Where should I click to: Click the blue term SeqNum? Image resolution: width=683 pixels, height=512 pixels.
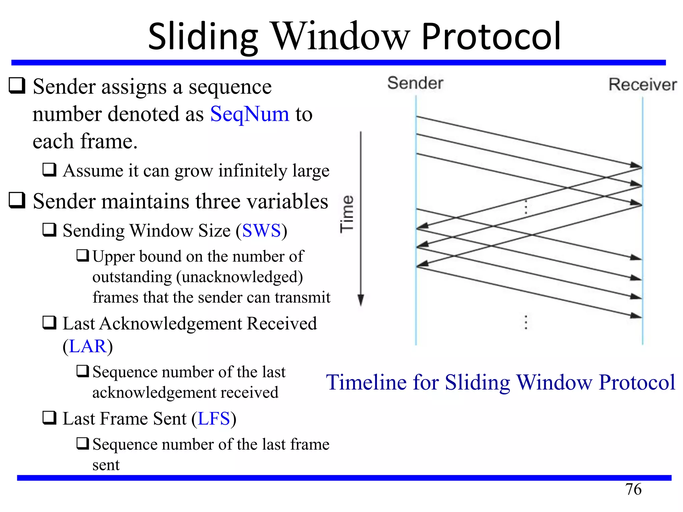249,114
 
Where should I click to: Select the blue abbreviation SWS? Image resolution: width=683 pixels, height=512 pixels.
261,231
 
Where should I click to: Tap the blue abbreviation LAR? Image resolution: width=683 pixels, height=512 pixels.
88,346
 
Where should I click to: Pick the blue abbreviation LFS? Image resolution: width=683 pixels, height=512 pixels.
214,419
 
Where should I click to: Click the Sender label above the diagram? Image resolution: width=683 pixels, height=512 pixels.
415,83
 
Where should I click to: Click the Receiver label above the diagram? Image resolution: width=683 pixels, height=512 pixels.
643,84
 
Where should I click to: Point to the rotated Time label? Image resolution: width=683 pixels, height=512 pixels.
347,214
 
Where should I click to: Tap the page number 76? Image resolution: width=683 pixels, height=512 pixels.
633,489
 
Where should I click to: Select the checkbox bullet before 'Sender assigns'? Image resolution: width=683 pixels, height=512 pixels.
17,86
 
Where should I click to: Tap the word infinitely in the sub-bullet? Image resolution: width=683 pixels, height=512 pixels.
252,171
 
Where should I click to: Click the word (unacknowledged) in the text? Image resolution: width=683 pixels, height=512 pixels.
239,277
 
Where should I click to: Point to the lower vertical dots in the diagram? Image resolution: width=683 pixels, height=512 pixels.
526,322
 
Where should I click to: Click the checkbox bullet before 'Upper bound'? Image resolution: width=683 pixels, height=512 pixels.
82,256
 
